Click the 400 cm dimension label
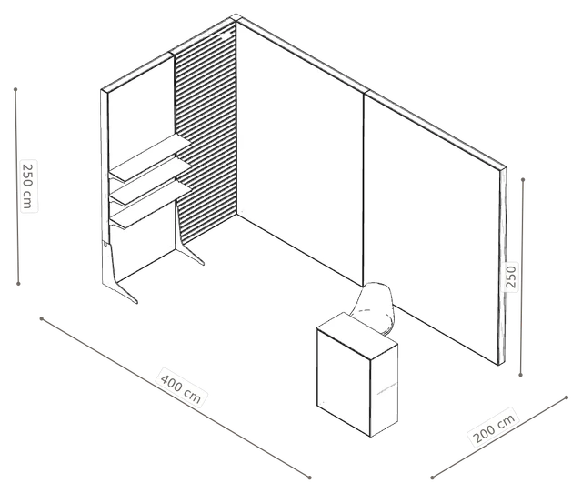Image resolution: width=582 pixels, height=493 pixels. point(181,387)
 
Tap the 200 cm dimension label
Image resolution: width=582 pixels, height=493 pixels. point(495,427)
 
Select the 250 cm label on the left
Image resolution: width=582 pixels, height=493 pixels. point(28,186)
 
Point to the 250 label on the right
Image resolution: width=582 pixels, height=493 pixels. point(511,277)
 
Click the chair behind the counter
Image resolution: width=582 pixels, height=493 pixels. point(375,307)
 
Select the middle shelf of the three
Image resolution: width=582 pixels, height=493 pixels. point(150,181)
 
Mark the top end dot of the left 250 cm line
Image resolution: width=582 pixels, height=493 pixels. point(15,89)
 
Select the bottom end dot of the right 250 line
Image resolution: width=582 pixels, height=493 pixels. point(520,375)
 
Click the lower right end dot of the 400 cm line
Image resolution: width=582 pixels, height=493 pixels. point(309,478)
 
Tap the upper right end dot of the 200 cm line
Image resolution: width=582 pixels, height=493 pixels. point(567,397)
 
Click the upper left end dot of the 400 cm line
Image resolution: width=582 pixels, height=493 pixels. point(42,318)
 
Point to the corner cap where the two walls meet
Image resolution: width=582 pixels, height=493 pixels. point(236,17)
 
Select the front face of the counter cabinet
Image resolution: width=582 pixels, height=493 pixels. point(344,382)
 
